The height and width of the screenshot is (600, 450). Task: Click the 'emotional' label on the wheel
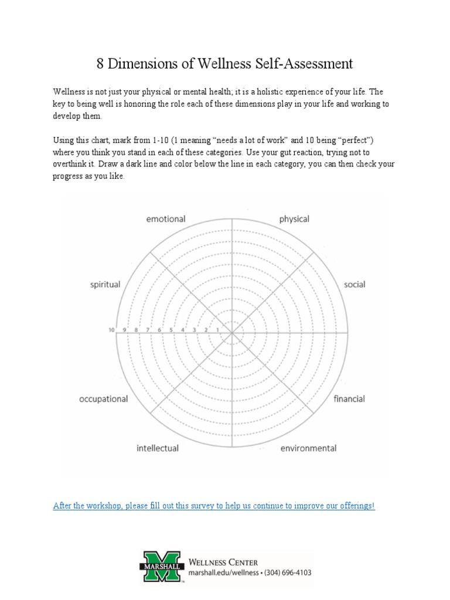pyautogui.click(x=165, y=219)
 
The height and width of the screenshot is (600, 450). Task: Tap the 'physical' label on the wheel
pyautogui.click(x=294, y=219)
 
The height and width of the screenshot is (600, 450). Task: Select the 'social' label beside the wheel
pyautogui.click(x=354, y=285)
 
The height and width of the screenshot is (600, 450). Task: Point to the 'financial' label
pyautogui.click(x=349, y=399)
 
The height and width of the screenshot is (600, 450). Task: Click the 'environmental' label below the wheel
pyautogui.click(x=308, y=448)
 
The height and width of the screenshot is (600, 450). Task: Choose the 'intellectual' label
pyautogui.click(x=158, y=448)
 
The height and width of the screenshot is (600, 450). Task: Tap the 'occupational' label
pyautogui.click(x=103, y=399)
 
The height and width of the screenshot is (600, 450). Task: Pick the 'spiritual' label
pyautogui.click(x=105, y=285)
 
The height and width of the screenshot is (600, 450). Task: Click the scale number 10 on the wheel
pyautogui.click(x=111, y=329)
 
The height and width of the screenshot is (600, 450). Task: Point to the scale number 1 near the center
pyautogui.click(x=218, y=330)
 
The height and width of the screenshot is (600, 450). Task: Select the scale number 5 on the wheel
pyautogui.click(x=171, y=330)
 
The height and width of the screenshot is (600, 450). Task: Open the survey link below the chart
pyautogui.click(x=214, y=505)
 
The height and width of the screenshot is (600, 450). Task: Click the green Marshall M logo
pyautogui.click(x=161, y=566)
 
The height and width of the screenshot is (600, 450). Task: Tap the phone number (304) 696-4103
pyautogui.click(x=284, y=572)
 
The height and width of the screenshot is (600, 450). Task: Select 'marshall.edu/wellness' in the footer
pyautogui.click(x=222, y=572)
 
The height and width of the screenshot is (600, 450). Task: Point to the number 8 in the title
pyautogui.click(x=100, y=63)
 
